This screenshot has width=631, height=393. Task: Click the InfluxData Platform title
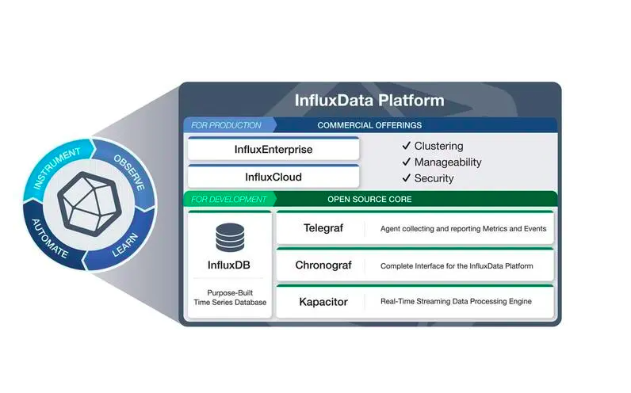coord(369,101)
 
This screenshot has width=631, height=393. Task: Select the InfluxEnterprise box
coord(273,149)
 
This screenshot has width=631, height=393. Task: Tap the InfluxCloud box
coord(273,177)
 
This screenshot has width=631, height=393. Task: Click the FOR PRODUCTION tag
coord(226,125)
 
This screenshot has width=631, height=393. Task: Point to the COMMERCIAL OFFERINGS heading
coord(369,125)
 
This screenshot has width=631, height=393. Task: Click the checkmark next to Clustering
coord(406,147)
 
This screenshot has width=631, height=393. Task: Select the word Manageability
coord(448,162)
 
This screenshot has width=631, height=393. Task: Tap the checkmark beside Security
coord(406,178)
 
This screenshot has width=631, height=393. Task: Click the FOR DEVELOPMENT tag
coord(227,199)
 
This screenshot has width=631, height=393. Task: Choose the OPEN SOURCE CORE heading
coord(369,199)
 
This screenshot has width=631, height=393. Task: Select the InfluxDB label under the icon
coord(230,265)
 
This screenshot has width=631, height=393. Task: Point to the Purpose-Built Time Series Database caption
coord(230,297)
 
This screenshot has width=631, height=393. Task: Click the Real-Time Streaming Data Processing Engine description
coord(456,302)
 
